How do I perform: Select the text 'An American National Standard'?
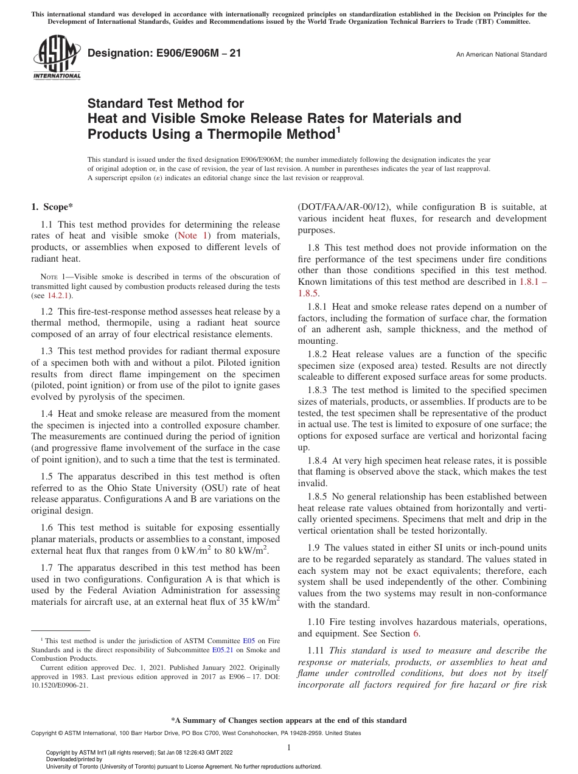[x=501, y=55]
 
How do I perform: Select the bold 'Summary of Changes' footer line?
[x=289, y=720]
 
